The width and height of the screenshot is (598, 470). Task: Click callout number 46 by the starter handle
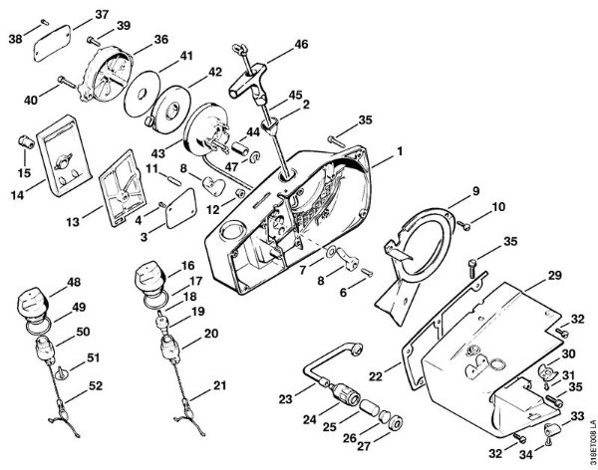(x=302, y=46)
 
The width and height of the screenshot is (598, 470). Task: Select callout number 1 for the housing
(x=400, y=152)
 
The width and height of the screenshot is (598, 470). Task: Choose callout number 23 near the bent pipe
(x=285, y=397)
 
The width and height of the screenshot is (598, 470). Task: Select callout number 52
(x=96, y=385)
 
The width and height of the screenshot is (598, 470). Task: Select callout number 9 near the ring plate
(x=475, y=190)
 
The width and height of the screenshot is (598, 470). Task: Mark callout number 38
(x=16, y=39)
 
